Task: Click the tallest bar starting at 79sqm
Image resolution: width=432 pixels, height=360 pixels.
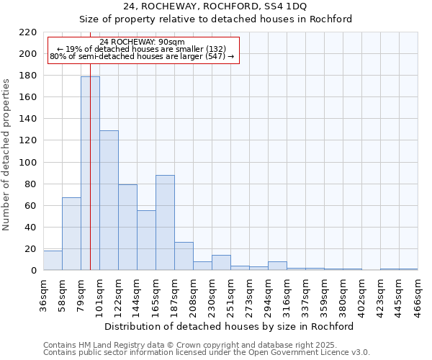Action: pyautogui.click(x=90, y=173)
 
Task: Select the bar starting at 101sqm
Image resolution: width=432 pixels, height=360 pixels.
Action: pyautogui.click(x=109, y=200)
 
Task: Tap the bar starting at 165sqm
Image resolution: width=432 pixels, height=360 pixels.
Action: pyautogui.click(x=165, y=222)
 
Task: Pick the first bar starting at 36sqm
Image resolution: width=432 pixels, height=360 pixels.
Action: pyautogui.click(x=53, y=261)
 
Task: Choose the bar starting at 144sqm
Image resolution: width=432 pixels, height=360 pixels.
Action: pyautogui.click(x=146, y=240)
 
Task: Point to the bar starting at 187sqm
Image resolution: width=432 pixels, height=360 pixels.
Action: pyautogui.click(x=184, y=256)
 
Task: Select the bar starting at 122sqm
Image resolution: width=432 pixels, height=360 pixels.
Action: pyautogui.click(x=127, y=227)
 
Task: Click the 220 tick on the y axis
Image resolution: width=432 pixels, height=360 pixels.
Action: pyautogui.click(x=29, y=32)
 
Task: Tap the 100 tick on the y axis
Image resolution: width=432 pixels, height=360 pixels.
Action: pyautogui.click(x=29, y=162)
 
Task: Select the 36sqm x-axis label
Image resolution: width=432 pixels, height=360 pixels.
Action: pyautogui.click(x=43, y=292)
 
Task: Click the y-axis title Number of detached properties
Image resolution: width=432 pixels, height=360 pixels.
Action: pyautogui.click(x=7, y=155)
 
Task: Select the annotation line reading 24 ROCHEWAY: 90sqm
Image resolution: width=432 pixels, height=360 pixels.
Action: pyautogui.click(x=143, y=42)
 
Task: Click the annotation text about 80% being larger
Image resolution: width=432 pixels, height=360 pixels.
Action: pyautogui.click(x=143, y=56)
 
